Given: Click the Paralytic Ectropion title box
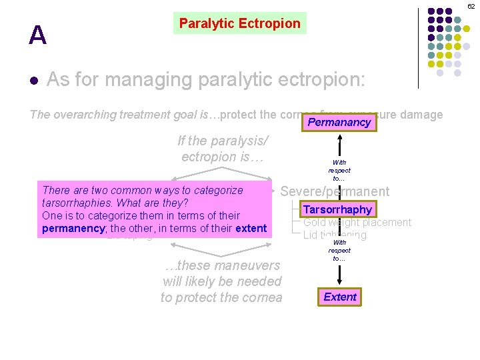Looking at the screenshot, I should pos(239,23).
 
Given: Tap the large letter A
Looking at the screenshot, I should pos(38,35).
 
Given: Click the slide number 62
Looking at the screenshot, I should pos(471,5).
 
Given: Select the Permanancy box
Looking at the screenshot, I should pos(339,123).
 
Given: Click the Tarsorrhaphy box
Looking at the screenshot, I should pos(337,209).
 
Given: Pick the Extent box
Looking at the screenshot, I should pos(340,297).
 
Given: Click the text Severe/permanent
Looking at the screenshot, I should pos(335,191).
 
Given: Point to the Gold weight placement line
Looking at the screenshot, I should pos(357,223).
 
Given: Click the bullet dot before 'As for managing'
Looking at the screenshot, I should pos(33,81).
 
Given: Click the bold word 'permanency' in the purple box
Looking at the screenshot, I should pos(75,229).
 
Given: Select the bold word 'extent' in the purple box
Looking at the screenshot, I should pos(250,229).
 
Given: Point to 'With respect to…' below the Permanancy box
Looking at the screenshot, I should pos(339,170).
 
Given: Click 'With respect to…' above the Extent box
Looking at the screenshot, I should pos(339,250).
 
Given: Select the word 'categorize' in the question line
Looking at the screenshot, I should pos(217,190).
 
